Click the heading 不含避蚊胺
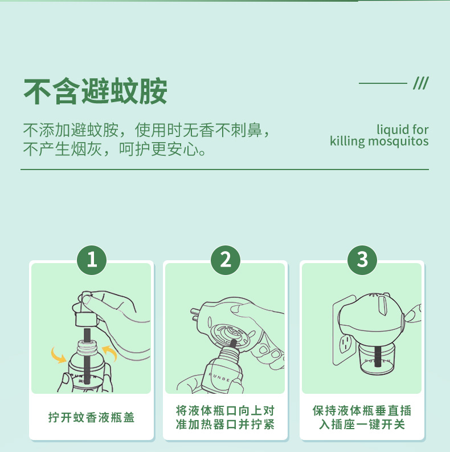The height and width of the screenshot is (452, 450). (x=95, y=91)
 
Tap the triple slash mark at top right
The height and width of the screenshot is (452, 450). (x=420, y=83)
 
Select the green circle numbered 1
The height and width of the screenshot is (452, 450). (x=92, y=260)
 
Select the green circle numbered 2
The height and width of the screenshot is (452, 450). (x=226, y=260)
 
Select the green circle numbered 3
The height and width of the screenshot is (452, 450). (x=362, y=260)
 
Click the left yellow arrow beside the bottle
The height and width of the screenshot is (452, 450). (x=59, y=356)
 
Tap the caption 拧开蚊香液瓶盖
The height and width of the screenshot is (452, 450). (x=92, y=417)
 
